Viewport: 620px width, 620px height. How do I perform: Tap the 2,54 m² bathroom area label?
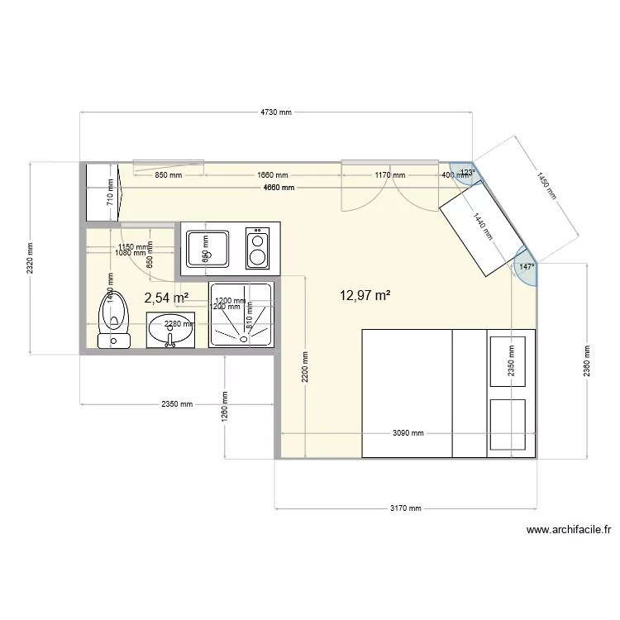pos(166,298)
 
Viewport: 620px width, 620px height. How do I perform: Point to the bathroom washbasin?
pos(171,330)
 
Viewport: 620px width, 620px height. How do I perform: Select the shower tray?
pos(241,314)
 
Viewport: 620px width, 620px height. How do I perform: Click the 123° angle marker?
pos(467,173)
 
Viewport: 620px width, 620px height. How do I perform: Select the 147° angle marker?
pos(527,267)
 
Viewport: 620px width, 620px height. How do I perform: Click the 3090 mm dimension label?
pos(407,433)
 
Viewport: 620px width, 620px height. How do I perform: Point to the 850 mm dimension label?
pos(169,175)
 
